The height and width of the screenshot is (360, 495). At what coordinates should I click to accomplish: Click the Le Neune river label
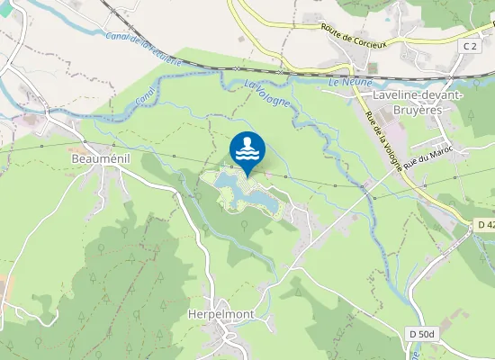point(345,83)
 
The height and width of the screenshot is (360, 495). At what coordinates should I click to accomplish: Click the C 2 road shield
point(470,46)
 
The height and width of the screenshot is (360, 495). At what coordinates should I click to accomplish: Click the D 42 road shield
point(485,223)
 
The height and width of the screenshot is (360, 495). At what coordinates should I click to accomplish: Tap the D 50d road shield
point(422,334)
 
